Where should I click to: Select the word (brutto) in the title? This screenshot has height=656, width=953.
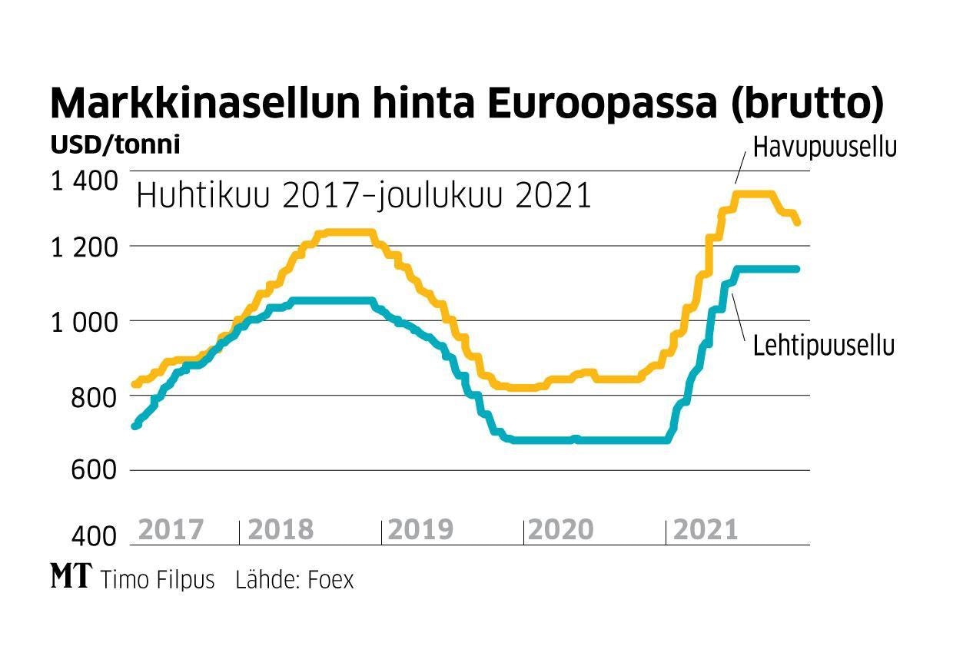pyautogui.click(x=806, y=104)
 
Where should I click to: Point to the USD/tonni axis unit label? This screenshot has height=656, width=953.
pyautogui.click(x=115, y=144)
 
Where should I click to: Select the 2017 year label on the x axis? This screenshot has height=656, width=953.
pyautogui.click(x=171, y=529)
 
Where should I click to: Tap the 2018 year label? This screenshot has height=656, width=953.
pyautogui.click(x=281, y=529)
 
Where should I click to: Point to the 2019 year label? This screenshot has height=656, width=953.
pyautogui.click(x=421, y=529)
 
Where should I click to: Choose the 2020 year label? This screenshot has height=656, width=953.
pyautogui.click(x=562, y=529)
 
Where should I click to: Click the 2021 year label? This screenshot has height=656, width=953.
pyautogui.click(x=705, y=529)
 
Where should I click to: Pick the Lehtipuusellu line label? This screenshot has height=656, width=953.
pyautogui.click(x=824, y=346)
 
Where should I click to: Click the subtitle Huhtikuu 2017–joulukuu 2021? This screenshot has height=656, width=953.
pyautogui.click(x=364, y=196)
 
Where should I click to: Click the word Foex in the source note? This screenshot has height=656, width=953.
pyautogui.click(x=330, y=579)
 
